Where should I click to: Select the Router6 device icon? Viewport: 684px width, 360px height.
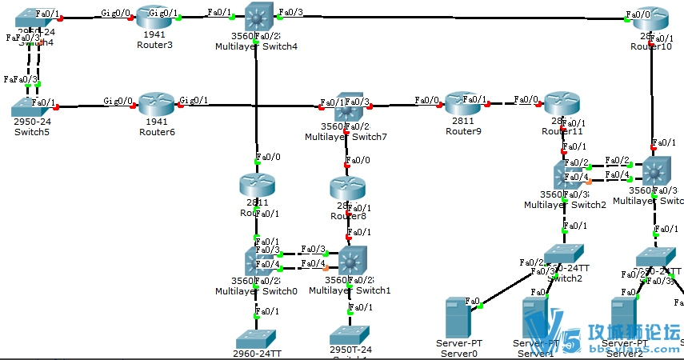(x=156, y=105)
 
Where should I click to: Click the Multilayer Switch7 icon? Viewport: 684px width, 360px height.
(x=346, y=107)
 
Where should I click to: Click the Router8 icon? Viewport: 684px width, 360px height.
(x=346, y=190)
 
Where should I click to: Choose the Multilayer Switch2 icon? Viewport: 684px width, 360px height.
(x=566, y=174)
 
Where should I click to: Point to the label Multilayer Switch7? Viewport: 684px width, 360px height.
(x=346, y=137)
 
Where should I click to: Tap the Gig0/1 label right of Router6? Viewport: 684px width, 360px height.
(x=194, y=100)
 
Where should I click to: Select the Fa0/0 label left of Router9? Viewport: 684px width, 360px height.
(x=426, y=100)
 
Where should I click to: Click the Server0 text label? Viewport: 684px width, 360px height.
(x=458, y=353)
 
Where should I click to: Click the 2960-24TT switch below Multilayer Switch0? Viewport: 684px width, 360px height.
(x=256, y=338)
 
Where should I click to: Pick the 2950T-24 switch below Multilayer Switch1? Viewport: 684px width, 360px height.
(x=350, y=335)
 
